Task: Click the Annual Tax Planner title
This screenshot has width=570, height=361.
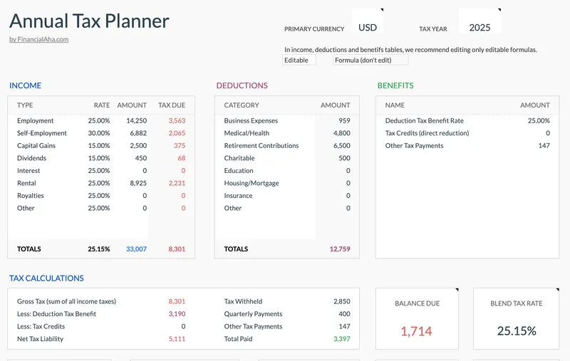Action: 89,21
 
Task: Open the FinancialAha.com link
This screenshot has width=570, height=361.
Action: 38,39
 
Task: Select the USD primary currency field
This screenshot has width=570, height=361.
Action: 368,28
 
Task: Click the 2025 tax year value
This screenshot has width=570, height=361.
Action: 480,28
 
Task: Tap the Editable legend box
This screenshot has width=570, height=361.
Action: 298,61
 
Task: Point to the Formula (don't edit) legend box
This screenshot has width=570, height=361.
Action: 370,61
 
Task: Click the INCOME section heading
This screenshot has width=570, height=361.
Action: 25,85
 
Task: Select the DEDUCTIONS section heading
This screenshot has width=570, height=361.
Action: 242,85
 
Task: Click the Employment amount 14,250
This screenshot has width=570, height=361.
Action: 135,121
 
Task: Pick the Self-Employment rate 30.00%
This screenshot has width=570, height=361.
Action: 99,133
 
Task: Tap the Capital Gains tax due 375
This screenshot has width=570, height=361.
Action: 179,146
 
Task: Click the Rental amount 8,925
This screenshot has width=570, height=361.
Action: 136,183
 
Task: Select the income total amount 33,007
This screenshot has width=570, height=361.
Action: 135,249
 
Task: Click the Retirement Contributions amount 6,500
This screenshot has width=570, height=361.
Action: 341,146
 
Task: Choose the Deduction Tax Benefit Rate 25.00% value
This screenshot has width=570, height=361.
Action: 538,121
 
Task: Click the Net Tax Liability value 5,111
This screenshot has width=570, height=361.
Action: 177,339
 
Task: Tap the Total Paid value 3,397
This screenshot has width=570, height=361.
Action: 341,339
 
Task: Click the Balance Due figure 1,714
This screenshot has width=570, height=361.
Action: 416,331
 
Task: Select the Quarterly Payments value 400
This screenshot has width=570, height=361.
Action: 344,314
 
